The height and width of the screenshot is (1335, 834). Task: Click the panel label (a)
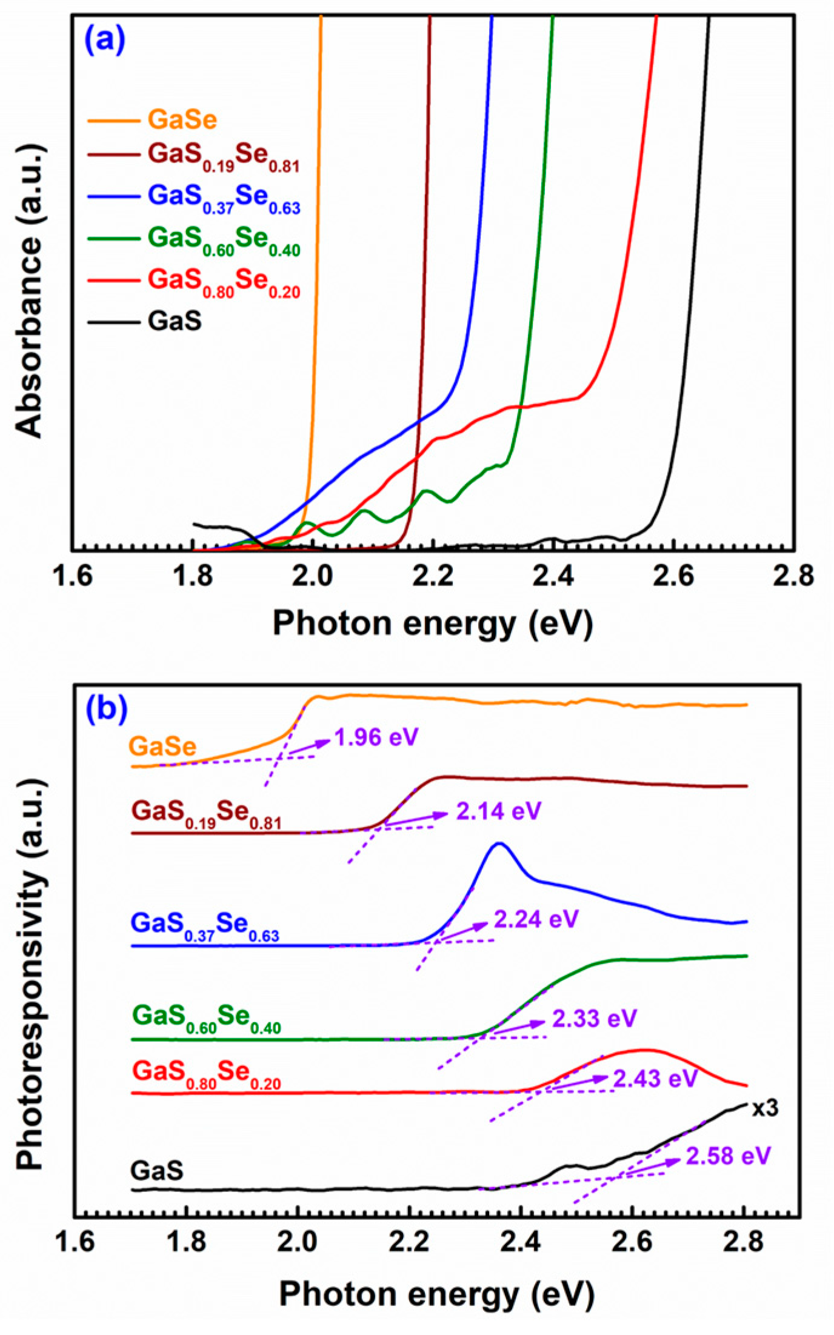pos(105,41)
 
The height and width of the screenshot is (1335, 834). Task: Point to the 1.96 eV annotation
pos(376,737)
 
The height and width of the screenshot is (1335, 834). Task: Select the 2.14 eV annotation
pos(498,811)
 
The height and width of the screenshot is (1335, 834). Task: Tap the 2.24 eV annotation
pos(536,919)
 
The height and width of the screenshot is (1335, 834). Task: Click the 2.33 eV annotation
pos(594,1018)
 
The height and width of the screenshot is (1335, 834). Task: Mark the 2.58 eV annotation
pos(728,1156)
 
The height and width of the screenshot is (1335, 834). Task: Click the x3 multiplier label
pos(765,1108)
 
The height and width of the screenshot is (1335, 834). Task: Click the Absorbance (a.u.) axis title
pos(29,291)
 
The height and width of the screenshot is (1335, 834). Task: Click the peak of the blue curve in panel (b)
pos(499,843)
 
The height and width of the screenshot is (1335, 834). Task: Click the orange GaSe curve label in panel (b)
pos(163,747)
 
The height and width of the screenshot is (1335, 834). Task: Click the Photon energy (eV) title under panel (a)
pos(432,623)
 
